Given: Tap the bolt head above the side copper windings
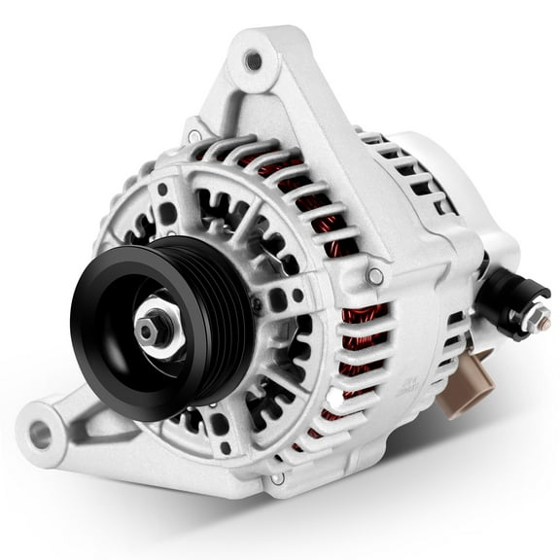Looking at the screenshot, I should tap(374, 277).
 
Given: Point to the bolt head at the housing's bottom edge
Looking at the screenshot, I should tap(278, 477).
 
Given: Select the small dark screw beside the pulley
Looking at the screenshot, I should tap(256, 303).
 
